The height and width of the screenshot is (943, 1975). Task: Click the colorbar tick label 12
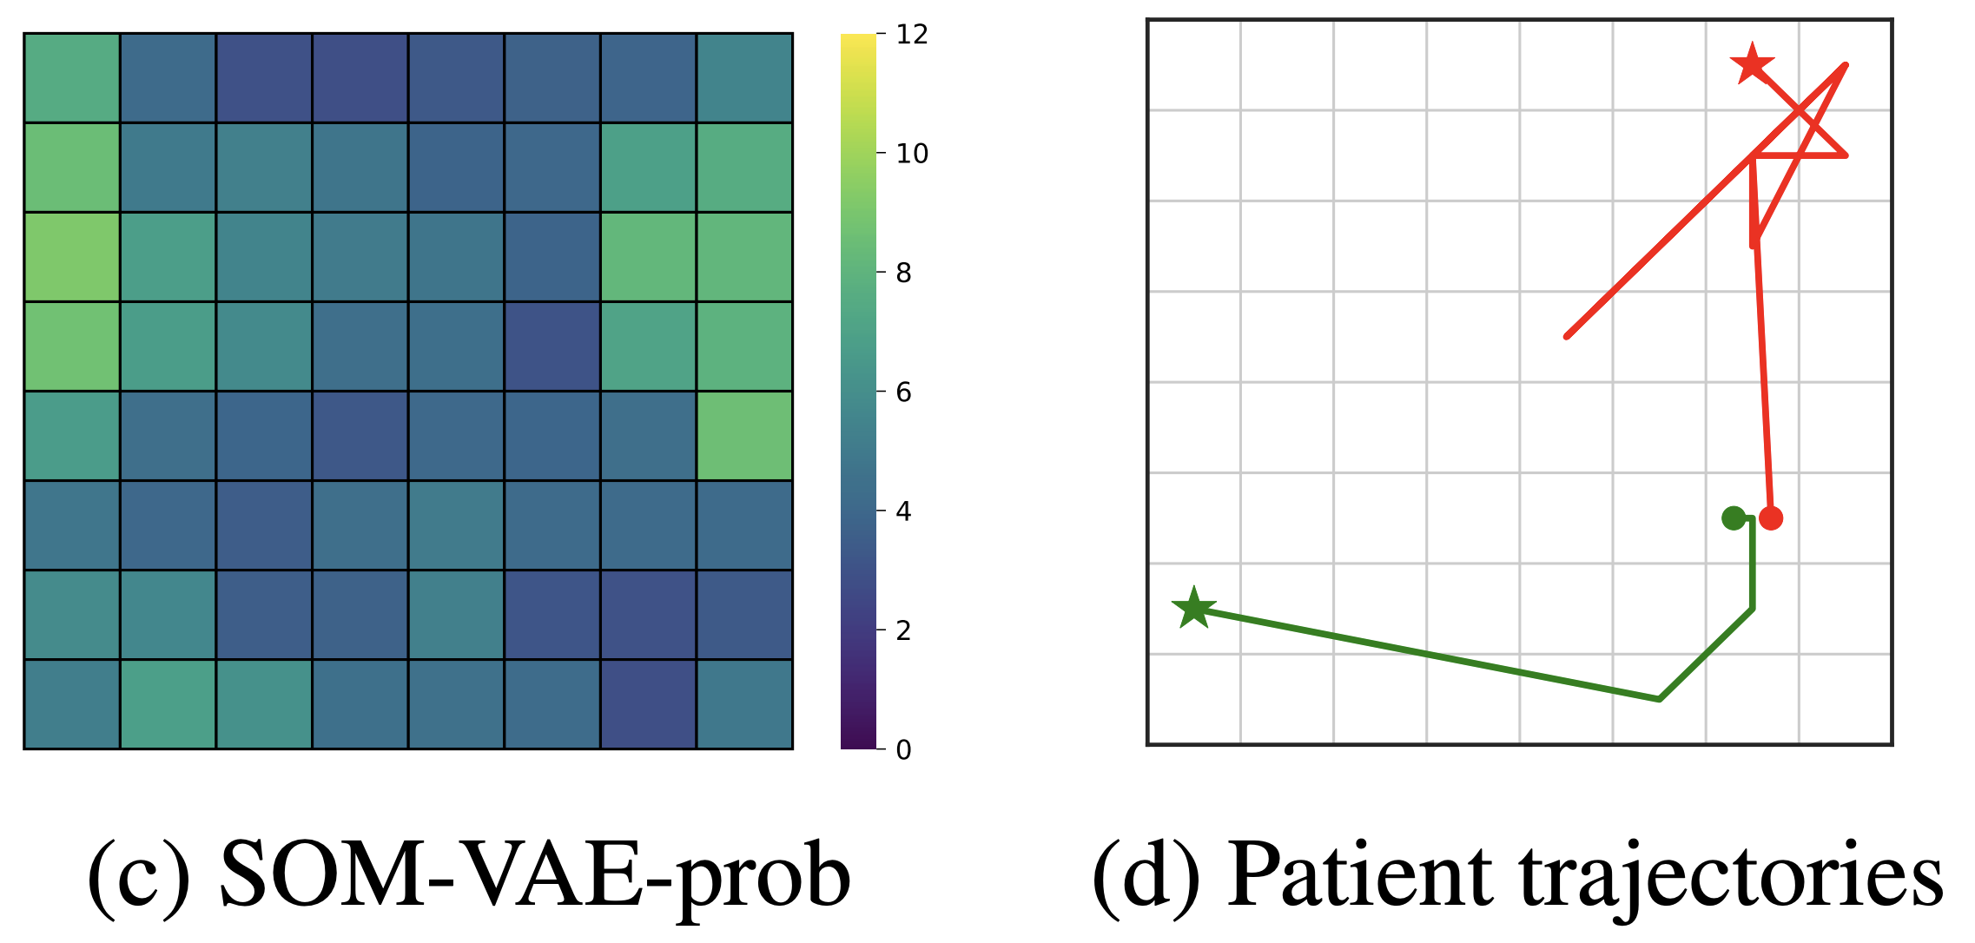(912, 35)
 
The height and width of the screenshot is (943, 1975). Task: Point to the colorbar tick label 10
(912, 154)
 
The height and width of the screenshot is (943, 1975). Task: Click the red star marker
(1752, 64)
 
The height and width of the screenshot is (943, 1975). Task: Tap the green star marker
(1194, 608)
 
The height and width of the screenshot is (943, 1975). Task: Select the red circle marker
(1771, 518)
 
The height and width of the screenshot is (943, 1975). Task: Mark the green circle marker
(1734, 518)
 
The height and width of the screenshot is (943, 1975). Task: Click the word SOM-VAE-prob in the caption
(534, 877)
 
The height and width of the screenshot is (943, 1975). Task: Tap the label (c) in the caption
(139, 877)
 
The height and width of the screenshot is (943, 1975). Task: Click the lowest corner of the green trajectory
(1659, 699)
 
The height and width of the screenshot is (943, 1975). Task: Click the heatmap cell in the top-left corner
(71, 78)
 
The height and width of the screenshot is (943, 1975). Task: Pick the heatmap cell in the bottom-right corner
(744, 704)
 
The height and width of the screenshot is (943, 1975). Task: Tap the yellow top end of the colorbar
(857, 39)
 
